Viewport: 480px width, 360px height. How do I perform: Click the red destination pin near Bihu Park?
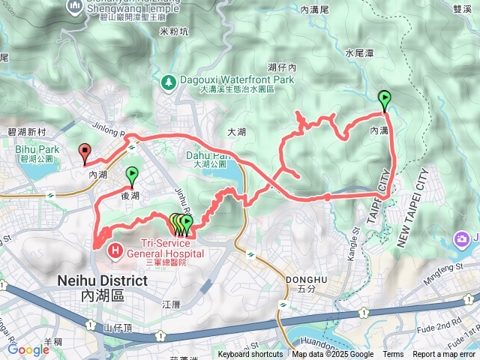[85, 153]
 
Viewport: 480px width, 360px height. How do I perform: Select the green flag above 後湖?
[132, 175]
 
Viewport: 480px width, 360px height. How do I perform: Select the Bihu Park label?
[32, 149]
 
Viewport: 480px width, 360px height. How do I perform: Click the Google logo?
[28, 349]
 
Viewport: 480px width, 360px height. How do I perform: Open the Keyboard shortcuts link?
[250, 355]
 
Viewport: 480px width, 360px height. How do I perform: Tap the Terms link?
[393, 355]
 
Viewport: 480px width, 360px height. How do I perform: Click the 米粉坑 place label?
[173, 32]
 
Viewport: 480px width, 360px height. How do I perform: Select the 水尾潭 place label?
[360, 53]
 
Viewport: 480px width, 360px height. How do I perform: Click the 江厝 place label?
[172, 304]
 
